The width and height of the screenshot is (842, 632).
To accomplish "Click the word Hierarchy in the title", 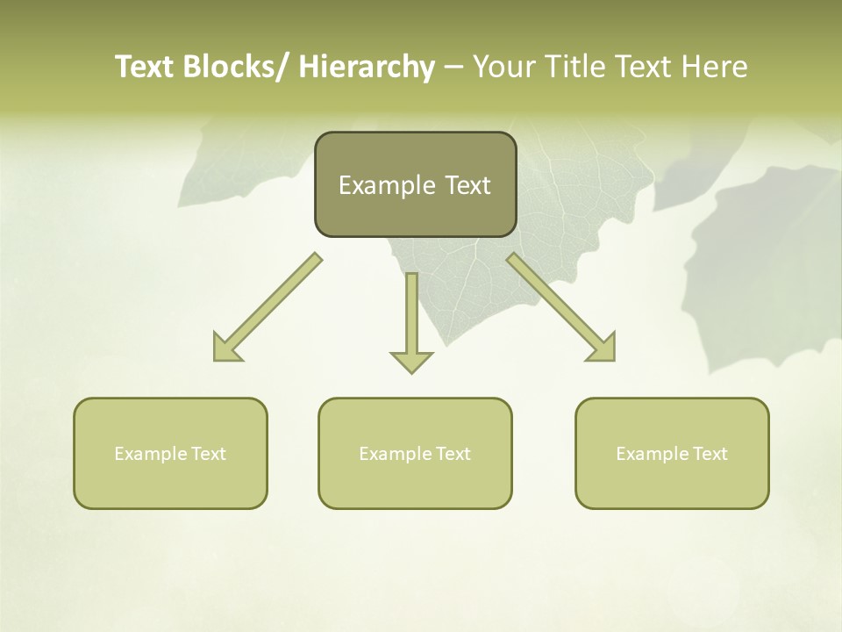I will [x=366, y=68].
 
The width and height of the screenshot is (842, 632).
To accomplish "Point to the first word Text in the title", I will [x=145, y=68].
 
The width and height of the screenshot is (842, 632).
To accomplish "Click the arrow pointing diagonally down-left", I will [x=268, y=307].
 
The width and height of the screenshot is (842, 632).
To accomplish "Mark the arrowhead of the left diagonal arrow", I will [x=225, y=348].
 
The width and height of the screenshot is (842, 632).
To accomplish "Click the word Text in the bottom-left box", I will [x=209, y=454].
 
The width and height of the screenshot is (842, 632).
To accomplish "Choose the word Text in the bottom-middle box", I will [x=453, y=454].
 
